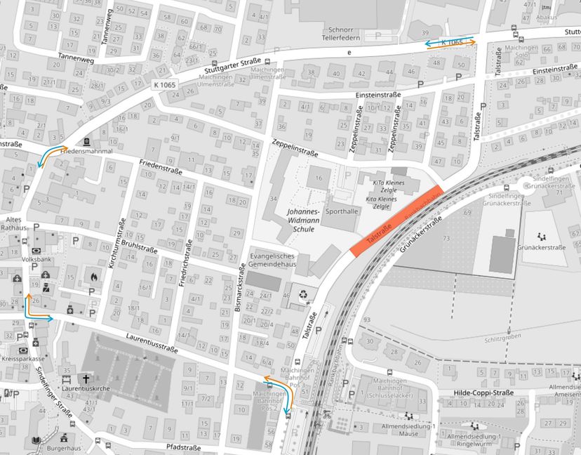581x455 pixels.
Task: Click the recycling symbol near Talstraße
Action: [x=303, y=296]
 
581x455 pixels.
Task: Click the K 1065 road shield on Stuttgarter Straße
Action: [x=164, y=85]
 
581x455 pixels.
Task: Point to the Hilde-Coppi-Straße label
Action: [x=484, y=393]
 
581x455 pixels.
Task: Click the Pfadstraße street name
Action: [x=184, y=447]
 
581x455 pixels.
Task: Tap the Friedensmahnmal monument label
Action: [x=87, y=151]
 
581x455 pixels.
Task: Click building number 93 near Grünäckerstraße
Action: [x=366, y=320]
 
